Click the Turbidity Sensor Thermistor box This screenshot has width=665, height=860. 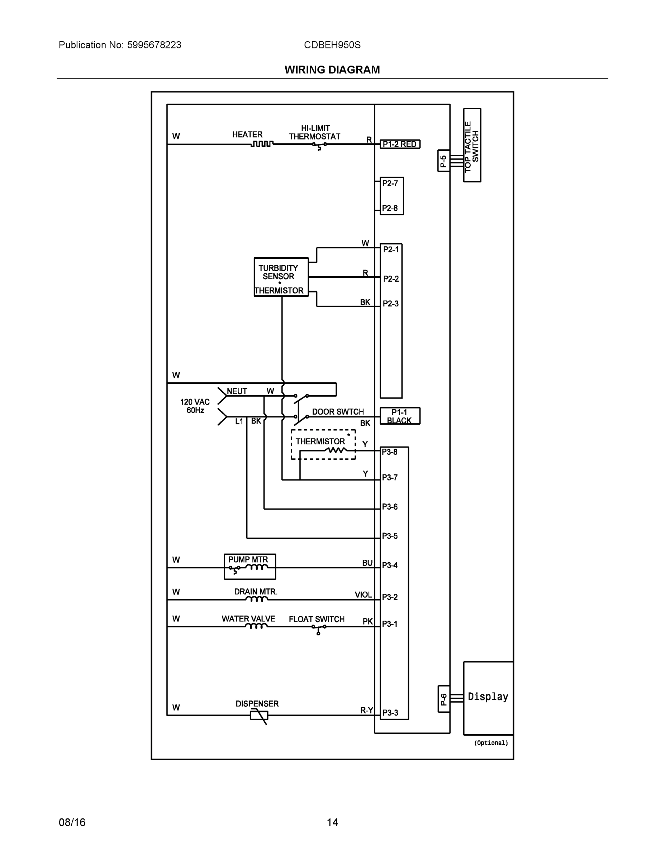pyautogui.click(x=281, y=277)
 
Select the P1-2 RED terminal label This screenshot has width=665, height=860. pyautogui.click(x=399, y=144)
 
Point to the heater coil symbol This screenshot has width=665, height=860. pyautogui.click(x=262, y=144)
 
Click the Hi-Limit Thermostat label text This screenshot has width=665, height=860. pyautogui.click(x=314, y=132)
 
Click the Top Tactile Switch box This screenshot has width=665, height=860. pyautogui.click(x=472, y=145)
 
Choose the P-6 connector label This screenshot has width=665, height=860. pyautogui.click(x=443, y=699)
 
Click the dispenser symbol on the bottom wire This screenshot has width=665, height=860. pyautogui.click(x=259, y=715)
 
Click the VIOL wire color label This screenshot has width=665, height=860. pyautogui.click(x=363, y=594)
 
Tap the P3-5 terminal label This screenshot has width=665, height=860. pyautogui.click(x=390, y=536)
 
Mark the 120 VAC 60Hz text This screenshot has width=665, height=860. pyautogui.click(x=195, y=406)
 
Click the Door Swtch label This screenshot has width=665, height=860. pyautogui.click(x=338, y=412)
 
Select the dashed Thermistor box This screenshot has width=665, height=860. pyautogui.click(x=323, y=444)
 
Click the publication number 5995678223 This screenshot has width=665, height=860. pyautogui.click(x=154, y=45)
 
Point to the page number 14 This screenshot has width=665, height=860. pyautogui.click(x=332, y=822)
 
